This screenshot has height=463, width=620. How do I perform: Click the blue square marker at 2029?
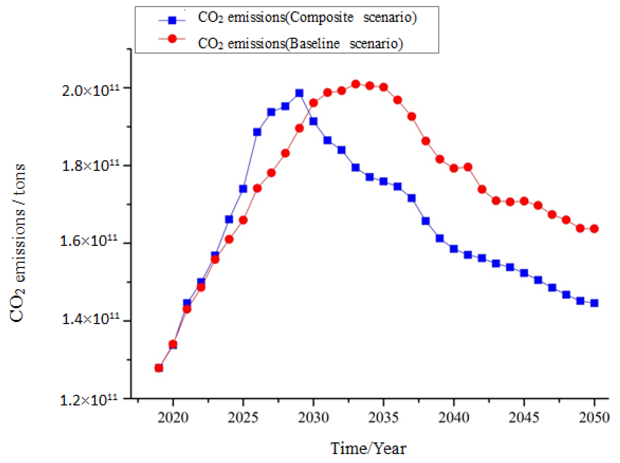(x=299, y=93)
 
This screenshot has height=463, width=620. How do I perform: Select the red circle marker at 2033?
(x=356, y=84)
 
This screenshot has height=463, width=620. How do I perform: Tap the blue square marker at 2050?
(x=594, y=303)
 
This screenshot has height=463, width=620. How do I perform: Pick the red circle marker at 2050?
(x=594, y=229)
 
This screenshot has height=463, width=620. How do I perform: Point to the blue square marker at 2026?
(x=257, y=132)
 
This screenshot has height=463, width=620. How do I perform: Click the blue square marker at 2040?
(x=454, y=249)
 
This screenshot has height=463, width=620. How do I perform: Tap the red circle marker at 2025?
(x=243, y=220)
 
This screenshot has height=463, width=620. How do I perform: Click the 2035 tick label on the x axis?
(x=383, y=418)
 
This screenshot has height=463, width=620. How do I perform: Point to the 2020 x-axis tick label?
(x=173, y=418)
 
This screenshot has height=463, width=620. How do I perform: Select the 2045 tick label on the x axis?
(x=523, y=418)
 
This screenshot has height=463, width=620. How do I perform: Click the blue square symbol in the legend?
(x=172, y=20)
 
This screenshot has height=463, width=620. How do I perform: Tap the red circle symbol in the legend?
(x=172, y=39)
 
